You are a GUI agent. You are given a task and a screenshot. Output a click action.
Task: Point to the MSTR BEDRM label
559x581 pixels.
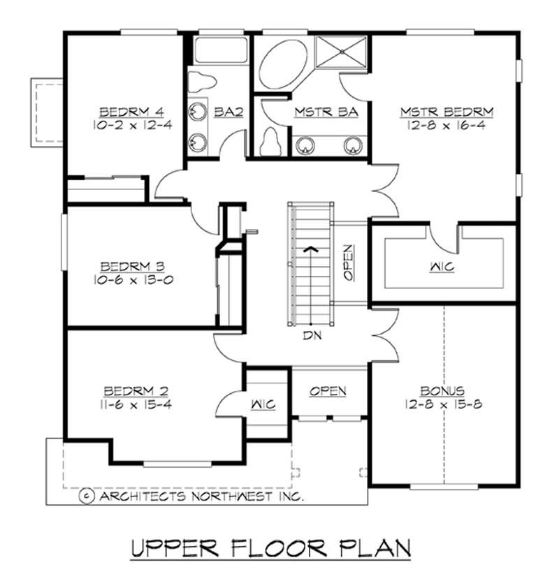tap(447, 111)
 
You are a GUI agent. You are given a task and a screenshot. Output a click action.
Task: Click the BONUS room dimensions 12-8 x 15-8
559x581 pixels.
tap(444, 404)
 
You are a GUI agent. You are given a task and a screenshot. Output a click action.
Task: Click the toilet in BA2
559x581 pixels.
tap(203, 80)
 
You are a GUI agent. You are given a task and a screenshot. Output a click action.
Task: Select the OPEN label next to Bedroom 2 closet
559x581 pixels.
tap(328, 391)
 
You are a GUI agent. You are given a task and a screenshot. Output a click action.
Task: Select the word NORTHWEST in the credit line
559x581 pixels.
tap(232, 496)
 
